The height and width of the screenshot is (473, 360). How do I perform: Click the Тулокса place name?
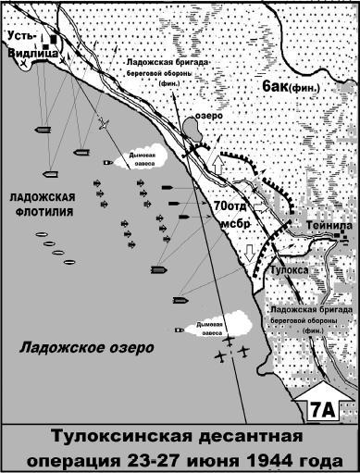pyautogui.click(x=290, y=270)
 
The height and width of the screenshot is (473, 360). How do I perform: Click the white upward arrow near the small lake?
pyautogui.click(x=219, y=162)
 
